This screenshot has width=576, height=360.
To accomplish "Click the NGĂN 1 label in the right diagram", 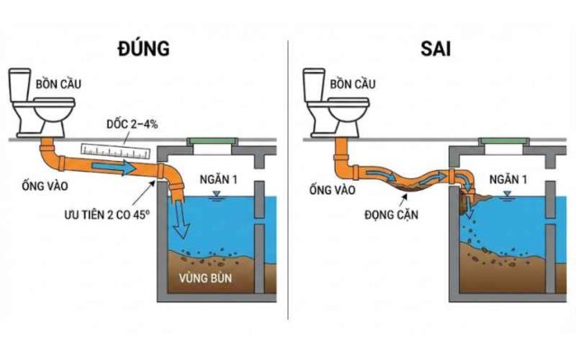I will (x=508, y=181).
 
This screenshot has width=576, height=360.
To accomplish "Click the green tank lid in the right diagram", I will (x=505, y=140).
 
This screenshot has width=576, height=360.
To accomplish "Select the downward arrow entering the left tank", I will (x=183, y=217).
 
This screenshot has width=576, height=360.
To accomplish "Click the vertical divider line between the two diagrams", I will (x=288, y=180).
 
